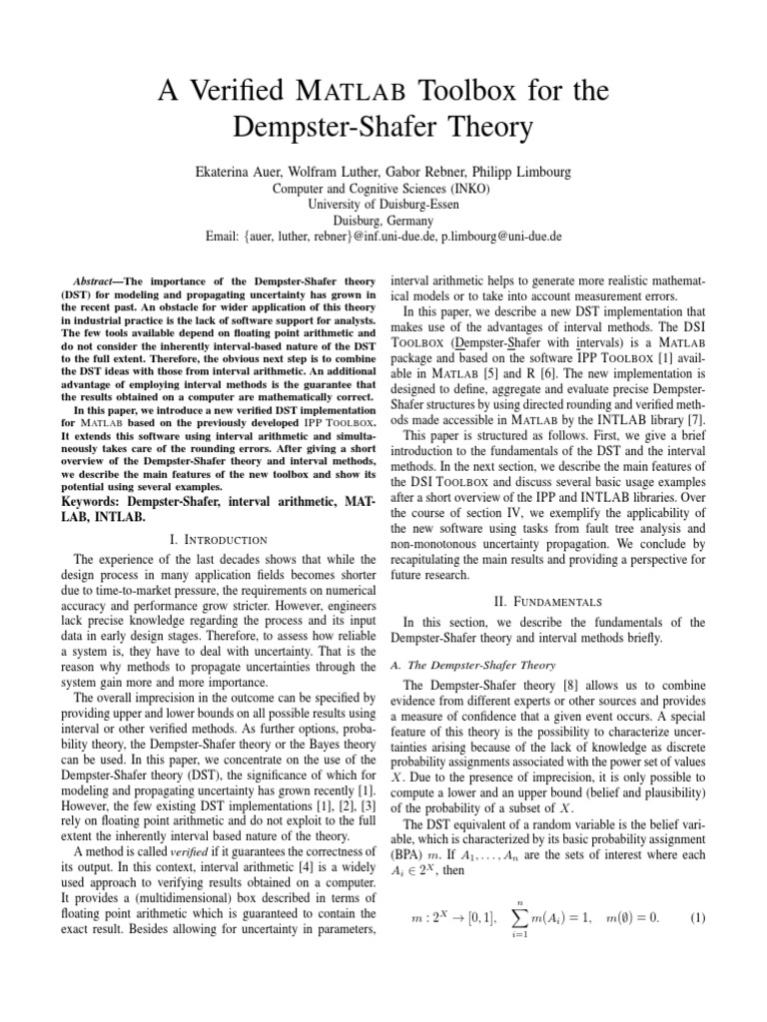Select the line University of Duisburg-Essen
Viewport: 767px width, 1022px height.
(x=383, y=206)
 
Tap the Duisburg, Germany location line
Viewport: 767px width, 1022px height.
(x=383, y=222)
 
